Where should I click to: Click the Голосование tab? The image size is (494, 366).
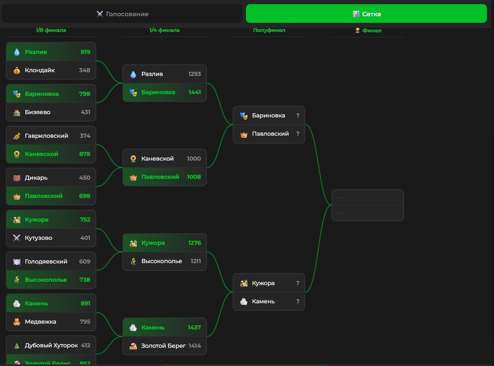click(122, 14)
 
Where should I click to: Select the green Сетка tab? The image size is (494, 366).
click(366, 14)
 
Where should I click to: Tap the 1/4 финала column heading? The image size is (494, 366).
click(164, 30)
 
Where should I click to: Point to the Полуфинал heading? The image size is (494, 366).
click(269, 30)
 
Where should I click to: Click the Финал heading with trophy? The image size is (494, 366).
click(368, 30)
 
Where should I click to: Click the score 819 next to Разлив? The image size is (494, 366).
click(85, 52)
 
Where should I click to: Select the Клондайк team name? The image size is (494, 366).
click(40, 70)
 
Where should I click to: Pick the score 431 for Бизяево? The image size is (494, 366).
click(85, 112)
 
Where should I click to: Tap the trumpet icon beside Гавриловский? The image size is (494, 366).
click(17, 136)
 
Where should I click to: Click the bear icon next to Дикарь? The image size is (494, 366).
click(17, 178)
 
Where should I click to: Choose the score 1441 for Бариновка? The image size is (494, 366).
click(195, 92)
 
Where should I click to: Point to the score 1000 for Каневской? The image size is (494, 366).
click(194, 159)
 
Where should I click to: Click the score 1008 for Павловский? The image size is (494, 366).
click(194, 177)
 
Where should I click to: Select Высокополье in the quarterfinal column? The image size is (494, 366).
click(162, 261)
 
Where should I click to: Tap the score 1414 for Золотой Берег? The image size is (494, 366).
click(195, 346)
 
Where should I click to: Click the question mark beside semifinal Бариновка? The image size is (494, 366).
click(297, 115)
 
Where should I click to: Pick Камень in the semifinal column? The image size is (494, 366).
click(263, 301)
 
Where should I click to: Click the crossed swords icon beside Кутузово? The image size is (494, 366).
click(17, 238)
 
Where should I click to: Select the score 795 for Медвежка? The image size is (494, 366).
click(85, 322)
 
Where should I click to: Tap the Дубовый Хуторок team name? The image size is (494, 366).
click(51, 345)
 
